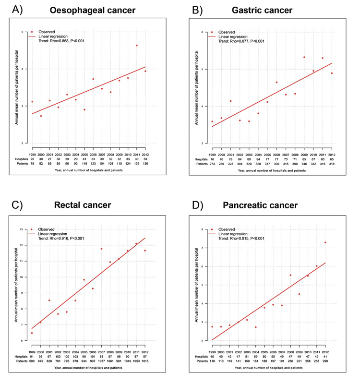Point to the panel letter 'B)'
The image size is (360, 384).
pyautogui.click(x=198, y=10)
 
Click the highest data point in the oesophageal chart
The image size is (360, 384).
pyautogui.click(x=137, y=46)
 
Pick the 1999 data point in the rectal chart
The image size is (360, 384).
pyautogui.click(x=32, y=333)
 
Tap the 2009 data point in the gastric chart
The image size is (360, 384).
pyautogui.click(x=304, y=57)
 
